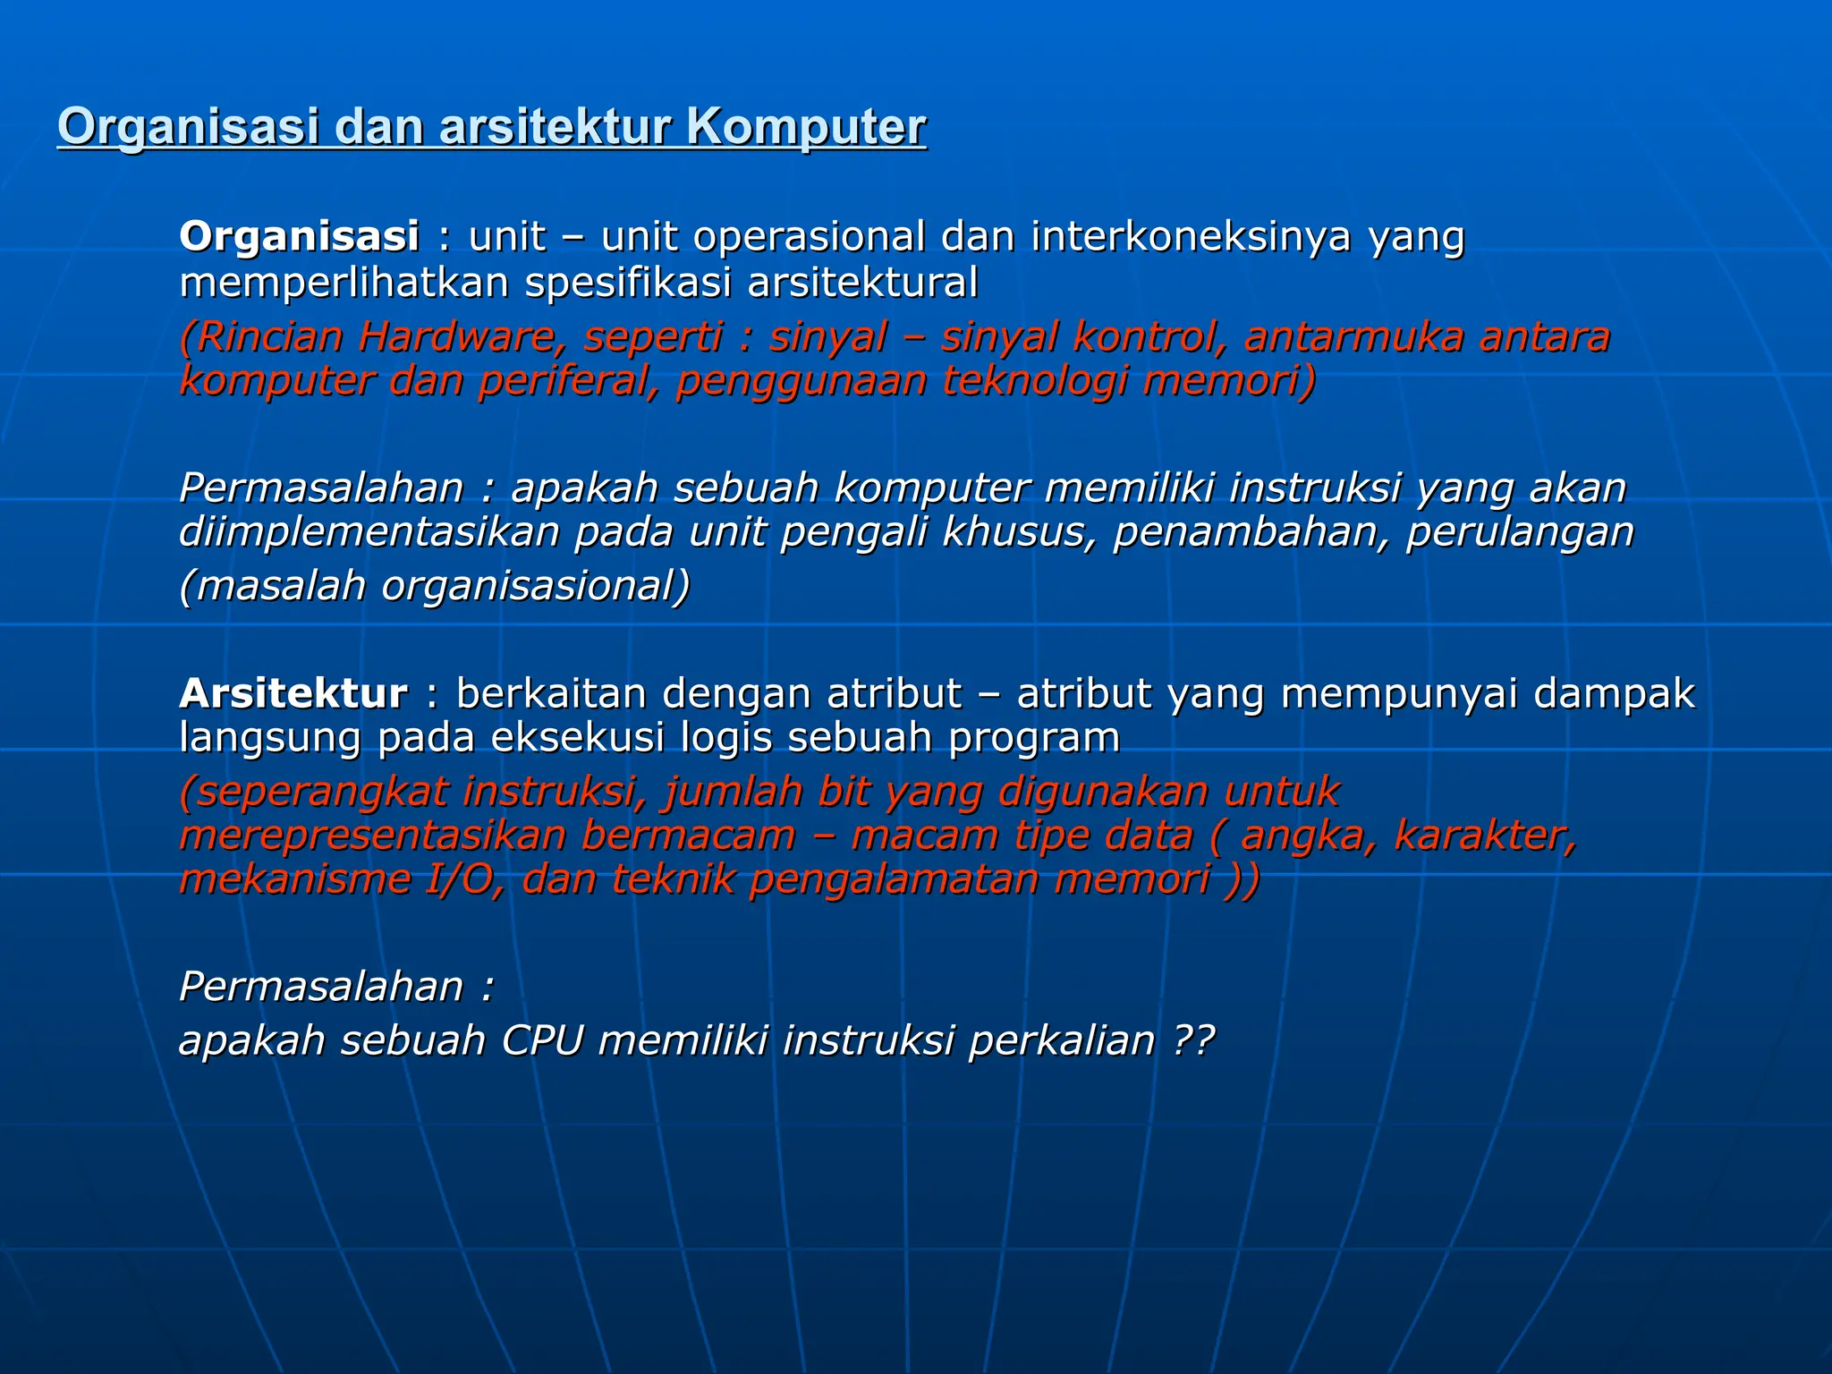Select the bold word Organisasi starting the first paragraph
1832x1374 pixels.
299,237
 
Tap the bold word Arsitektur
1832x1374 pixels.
293,694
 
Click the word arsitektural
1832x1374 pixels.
862,284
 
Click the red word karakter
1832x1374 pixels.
1484,836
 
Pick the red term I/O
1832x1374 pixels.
461,880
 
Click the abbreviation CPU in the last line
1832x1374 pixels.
542,1041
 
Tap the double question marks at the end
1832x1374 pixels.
1193,1041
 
